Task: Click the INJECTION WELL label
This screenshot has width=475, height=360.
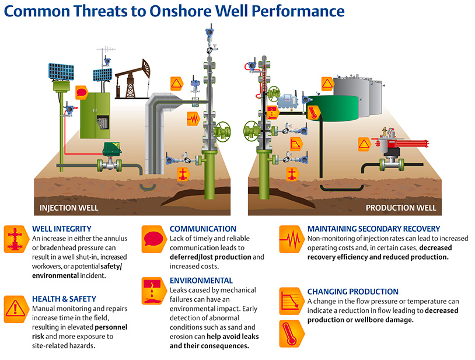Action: pyautogui.click(x=68, y=208)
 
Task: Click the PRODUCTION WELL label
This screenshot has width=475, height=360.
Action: pyautogui.click(x=400, y=208)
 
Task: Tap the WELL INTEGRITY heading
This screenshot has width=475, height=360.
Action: pyautogui.click(x=62, y=229)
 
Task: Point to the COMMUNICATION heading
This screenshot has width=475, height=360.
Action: pyautogui.click(x=202, y=229)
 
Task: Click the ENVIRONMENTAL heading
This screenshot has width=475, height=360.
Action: pyautogui.click(x=201, y=281)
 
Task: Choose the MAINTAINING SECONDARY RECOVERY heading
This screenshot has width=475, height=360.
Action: pyautogui.click(x=373, y=229)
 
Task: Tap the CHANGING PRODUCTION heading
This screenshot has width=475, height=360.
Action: pyautogui.click(x=352, y=291)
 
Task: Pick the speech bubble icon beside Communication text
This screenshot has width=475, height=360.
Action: pyautogui.click(x=153, y=238)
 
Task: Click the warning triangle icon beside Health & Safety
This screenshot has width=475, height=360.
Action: pyautogui.click(x=14, y=306)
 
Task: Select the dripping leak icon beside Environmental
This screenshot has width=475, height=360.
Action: pyautogui.click(x=153, y=289)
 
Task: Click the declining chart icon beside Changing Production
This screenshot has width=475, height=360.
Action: pyautogui.click(x=290, y=299)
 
